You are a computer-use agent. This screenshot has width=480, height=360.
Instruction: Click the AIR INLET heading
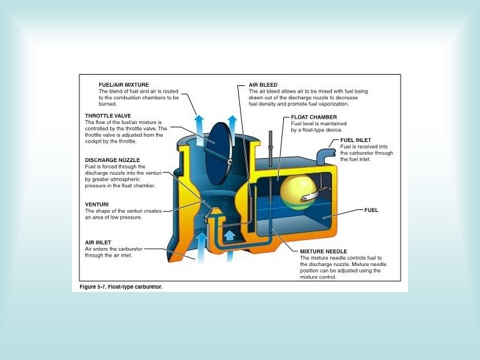pos(98,242)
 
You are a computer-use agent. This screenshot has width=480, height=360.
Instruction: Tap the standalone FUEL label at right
pos(371,210)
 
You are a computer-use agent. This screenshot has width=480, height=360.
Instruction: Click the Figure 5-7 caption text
pos(117,287)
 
